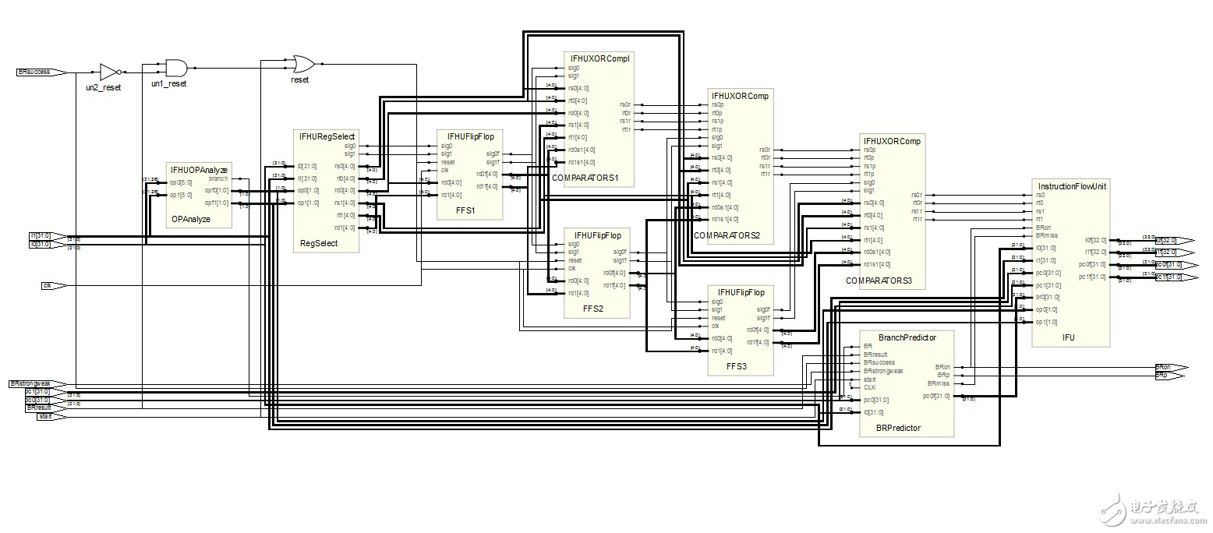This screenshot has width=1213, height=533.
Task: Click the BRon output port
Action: (x=1169, y=366)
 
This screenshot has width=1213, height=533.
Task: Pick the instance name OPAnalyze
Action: (x=190, y=220)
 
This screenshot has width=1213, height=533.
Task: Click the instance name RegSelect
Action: (x=319, y=244)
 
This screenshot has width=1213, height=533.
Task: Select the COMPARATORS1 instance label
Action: (x=585, y=178)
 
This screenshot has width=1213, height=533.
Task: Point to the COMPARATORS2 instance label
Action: (x=727, y=235)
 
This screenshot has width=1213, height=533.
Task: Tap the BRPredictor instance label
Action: (x=898, y=428)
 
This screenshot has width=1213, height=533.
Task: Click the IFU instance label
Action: (x=1068, y=338)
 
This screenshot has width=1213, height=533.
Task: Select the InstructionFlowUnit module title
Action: (x=1071, y=186)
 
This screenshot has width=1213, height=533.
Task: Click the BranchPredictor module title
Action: (x=907, y=337)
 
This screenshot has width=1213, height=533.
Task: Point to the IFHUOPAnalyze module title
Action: (x=199, y=169)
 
